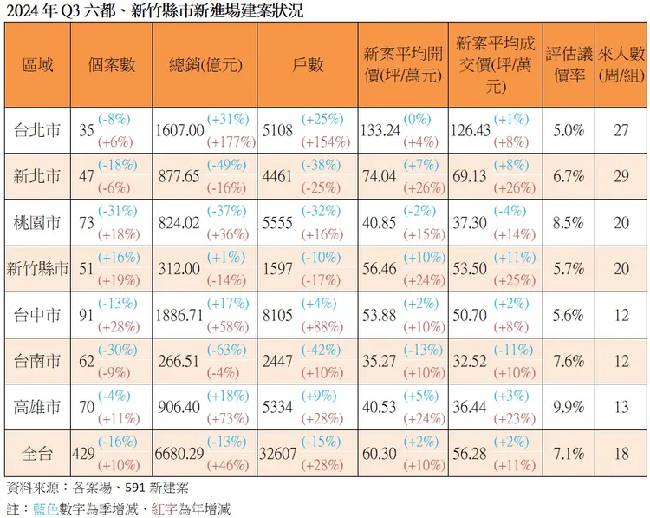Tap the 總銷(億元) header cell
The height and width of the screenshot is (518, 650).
pos(205,65)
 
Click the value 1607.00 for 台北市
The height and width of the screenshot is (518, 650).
pos(179,131)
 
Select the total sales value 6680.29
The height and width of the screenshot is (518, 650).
pos(179,453)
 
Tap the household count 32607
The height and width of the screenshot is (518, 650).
pos(278,453)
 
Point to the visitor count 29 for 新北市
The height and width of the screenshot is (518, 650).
pos(620,177)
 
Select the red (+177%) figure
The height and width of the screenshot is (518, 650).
pos(231,142)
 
